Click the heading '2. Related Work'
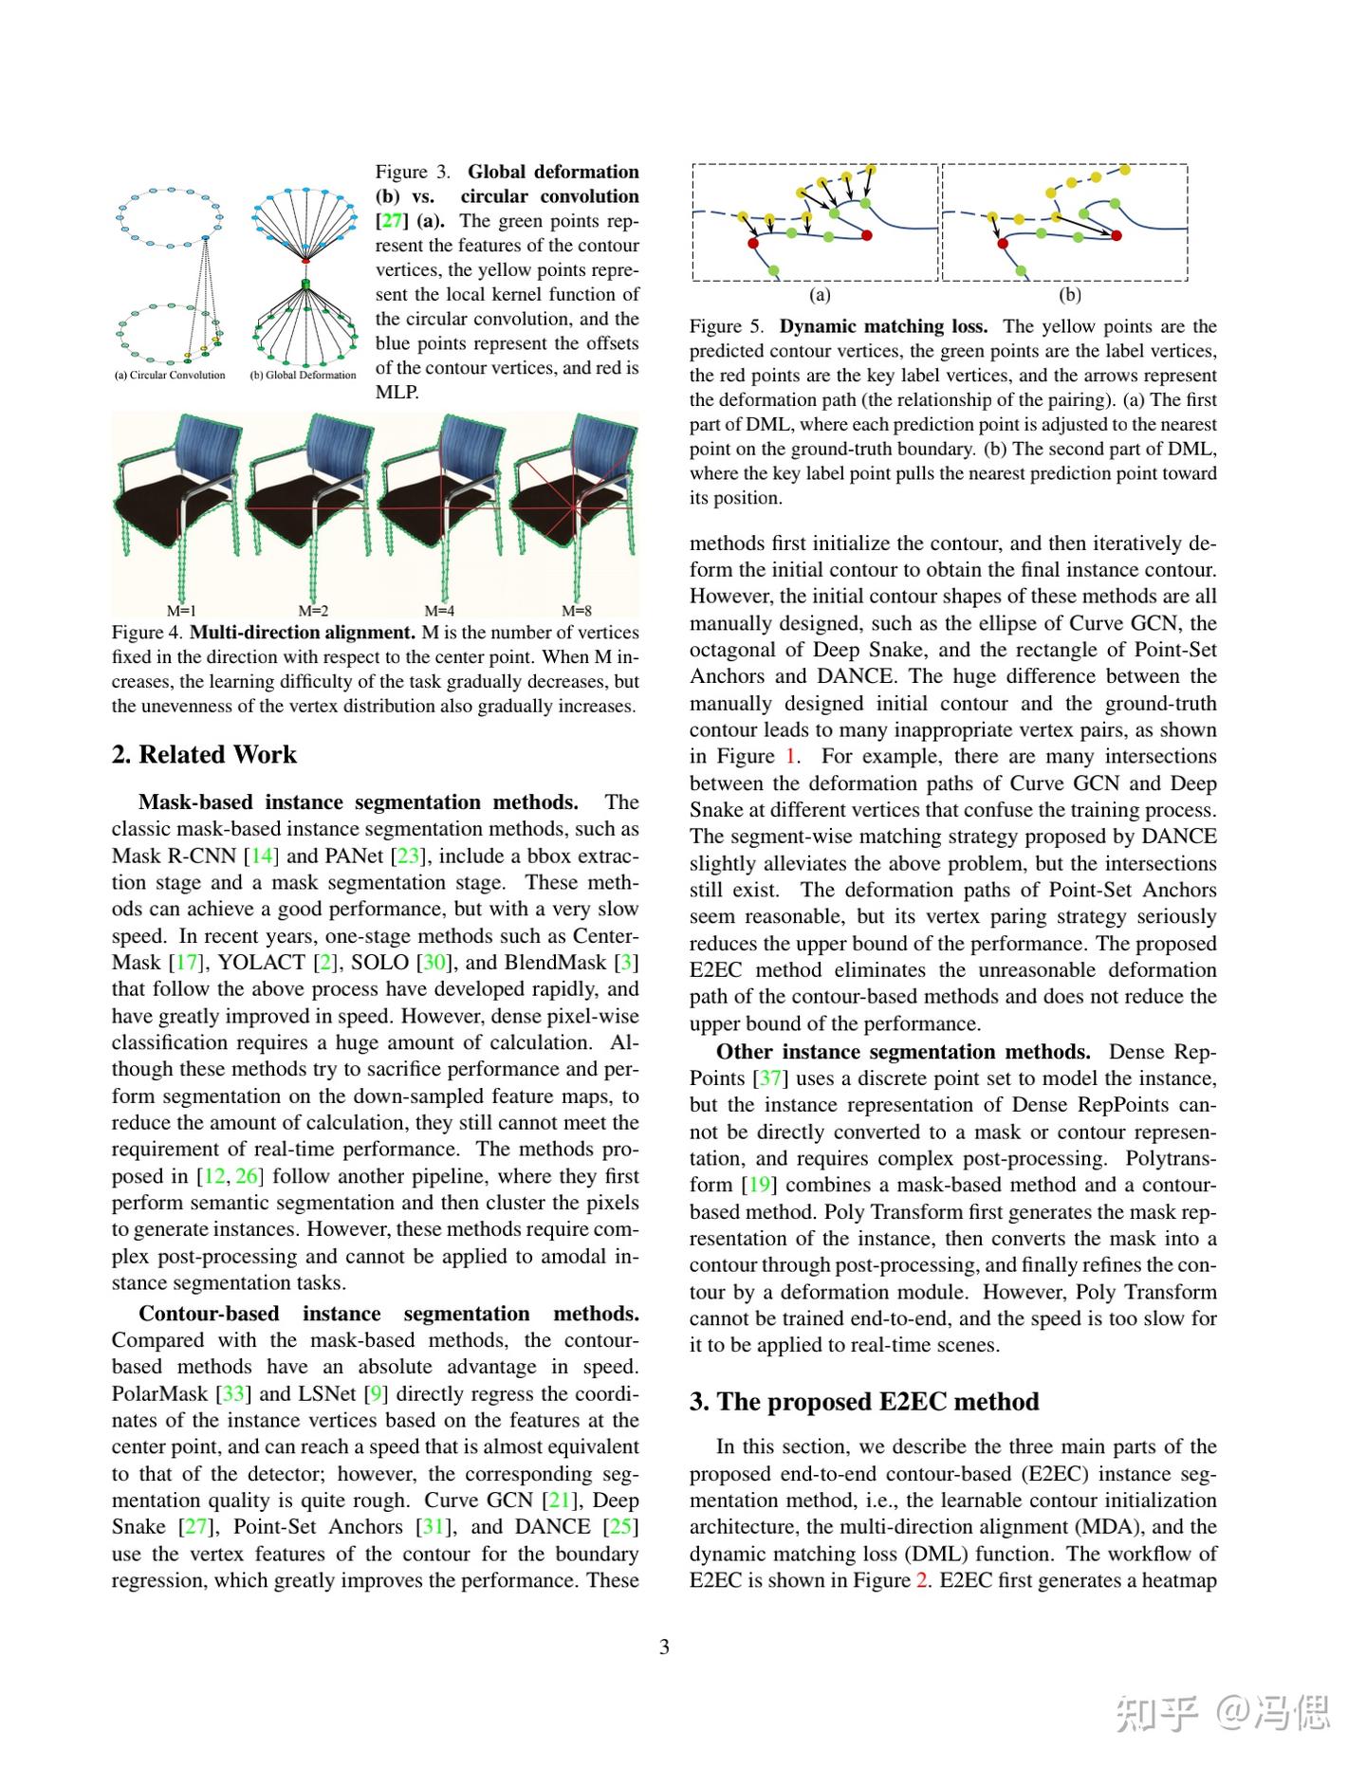(x=204, y=755)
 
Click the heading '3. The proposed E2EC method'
(x=864, y=1402)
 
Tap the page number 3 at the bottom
(x=664, y=1647)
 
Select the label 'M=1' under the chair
(x=181, y=611)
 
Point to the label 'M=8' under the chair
(x=576, y=611)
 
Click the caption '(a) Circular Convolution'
(x=171, y=376)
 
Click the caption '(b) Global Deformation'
(x=304, y=376)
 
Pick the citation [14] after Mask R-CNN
(x=261, y=856)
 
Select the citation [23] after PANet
(x=408, y=856)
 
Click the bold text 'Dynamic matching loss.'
(x=883, y=326)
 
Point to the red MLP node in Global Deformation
(x=305, y=259)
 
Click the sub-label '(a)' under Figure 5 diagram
(x=821, y=295)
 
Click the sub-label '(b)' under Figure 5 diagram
(x=1069, y=295)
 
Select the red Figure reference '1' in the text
(x=791, y=757)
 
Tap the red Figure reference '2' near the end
(x=921, y=1581)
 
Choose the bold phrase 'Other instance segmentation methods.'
(x=903, y=1052)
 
